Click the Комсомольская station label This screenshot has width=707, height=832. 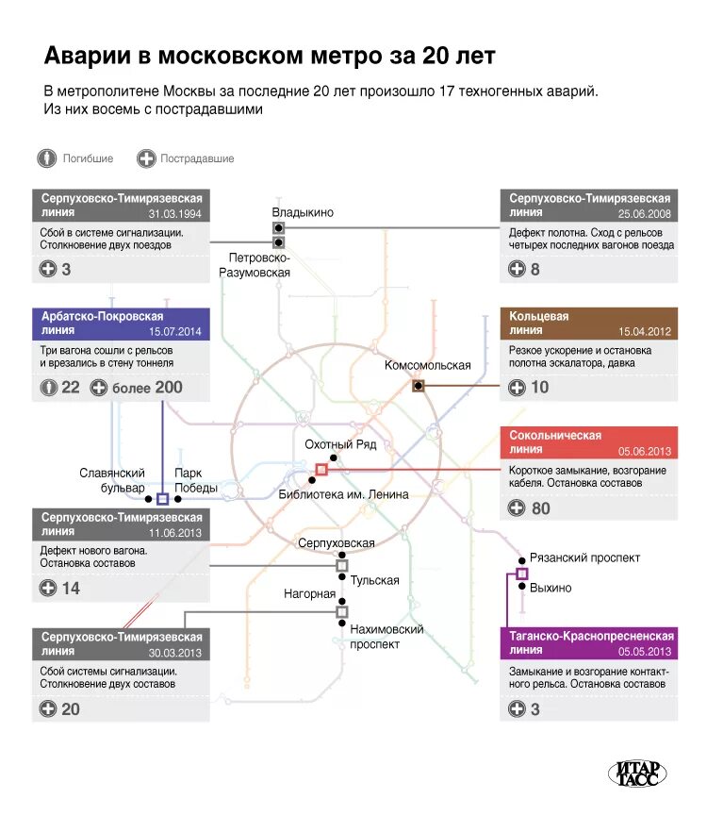click(427, 365)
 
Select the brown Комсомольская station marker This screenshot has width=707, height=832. click(418, 385)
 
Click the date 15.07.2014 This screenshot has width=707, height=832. click(175, 332)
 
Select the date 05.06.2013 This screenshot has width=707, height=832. click(645, 451)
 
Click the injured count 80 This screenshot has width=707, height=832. click(540, 508)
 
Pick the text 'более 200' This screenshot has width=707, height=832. click(147, 388)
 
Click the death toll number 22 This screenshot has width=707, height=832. click(71, 388)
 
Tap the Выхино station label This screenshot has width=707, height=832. click(551, 588)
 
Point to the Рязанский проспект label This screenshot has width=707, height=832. click(584, 557)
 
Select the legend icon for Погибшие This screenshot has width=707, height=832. click(47, 158)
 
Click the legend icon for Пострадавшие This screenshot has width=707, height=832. click(145, 158)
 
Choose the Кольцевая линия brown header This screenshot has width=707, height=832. click(588, 324)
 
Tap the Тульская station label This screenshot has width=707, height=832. click(374, 580)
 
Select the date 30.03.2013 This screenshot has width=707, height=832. click(175, 653)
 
